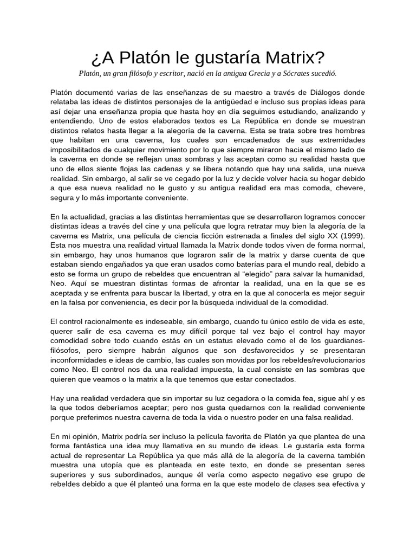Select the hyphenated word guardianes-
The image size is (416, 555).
pyautogui.click(x=341, y=340)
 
